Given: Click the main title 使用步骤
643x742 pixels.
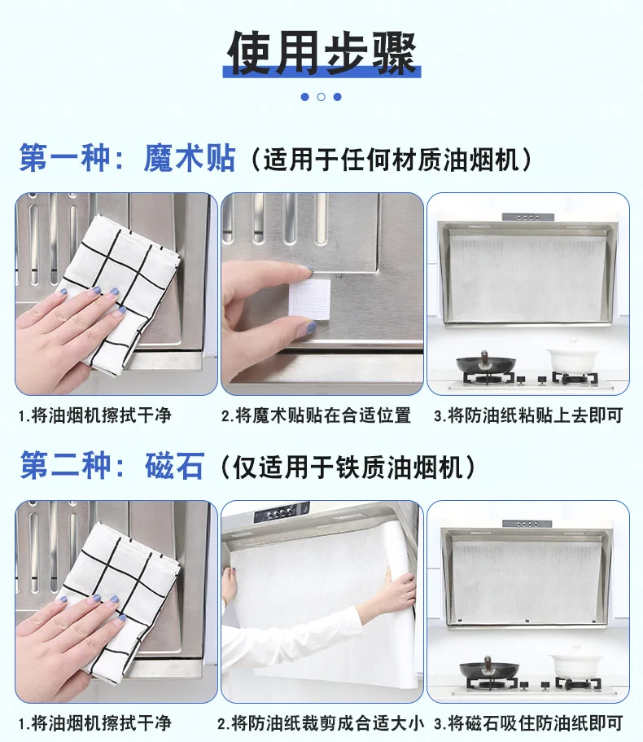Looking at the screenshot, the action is [x=321, y=54].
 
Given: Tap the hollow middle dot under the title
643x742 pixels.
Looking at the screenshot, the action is [x=321, y=97].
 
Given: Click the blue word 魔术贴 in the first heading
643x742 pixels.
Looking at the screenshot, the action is [x=189, y=158].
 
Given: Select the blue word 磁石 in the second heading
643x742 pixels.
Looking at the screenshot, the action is [x=174, y=466].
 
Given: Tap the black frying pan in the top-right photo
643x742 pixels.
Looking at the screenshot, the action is [x=486, y=363].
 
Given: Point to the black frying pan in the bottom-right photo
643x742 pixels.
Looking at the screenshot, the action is [x=489, y=669].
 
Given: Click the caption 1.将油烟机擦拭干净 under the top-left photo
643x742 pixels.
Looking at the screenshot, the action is [x=94, y=415].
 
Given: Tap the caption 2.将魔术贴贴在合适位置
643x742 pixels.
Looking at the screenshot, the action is [x=316, y=415].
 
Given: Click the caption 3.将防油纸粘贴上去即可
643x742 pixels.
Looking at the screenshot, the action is [x=528, y=415].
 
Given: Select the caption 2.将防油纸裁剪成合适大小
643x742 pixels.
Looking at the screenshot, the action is [x=321, y=723].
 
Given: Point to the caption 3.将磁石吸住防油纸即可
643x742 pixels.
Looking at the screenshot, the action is [x=528, y=723].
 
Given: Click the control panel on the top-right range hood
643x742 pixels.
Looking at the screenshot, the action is [x=528, y=217].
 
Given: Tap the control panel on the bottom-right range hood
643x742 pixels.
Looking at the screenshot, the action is [x=527, y=524].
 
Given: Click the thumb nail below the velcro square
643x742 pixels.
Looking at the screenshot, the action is [x=306, y=327].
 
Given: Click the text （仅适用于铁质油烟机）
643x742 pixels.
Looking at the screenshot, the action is [x=348, y=467].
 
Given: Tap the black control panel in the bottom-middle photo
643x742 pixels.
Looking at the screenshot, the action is [x=281, y=513].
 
